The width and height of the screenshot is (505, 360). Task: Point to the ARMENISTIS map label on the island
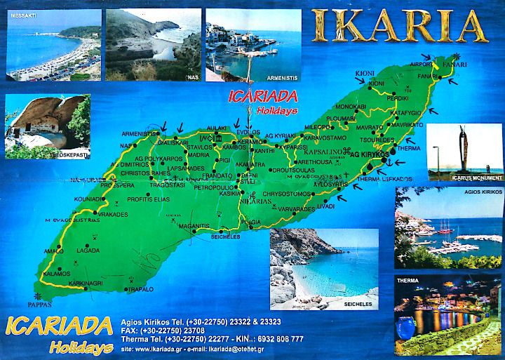(141, 133)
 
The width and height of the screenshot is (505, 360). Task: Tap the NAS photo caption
(189, 76)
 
